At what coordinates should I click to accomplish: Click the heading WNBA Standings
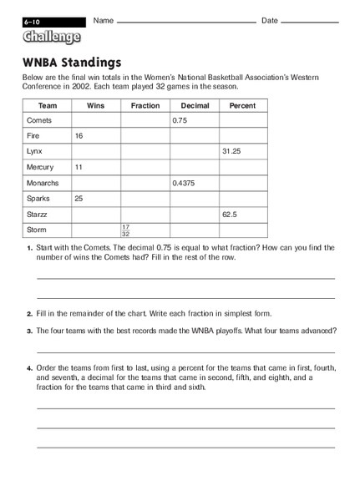point(72,62)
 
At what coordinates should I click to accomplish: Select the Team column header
point(47,105)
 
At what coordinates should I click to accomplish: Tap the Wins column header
point(95,105)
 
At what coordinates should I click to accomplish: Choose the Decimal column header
point(194,105)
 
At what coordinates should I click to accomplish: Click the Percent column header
point(242,105)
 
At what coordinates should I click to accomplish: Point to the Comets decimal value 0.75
point(181,120)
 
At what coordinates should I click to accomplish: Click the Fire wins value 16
point(79,135)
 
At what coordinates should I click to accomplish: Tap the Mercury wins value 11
point(79,167)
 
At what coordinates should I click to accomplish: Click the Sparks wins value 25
point(79,198)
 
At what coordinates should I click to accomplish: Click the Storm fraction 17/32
point(126,229)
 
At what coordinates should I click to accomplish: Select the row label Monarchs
point(42,182)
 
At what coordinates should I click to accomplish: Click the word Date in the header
point(270,20)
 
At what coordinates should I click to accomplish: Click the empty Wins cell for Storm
point(95,229)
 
